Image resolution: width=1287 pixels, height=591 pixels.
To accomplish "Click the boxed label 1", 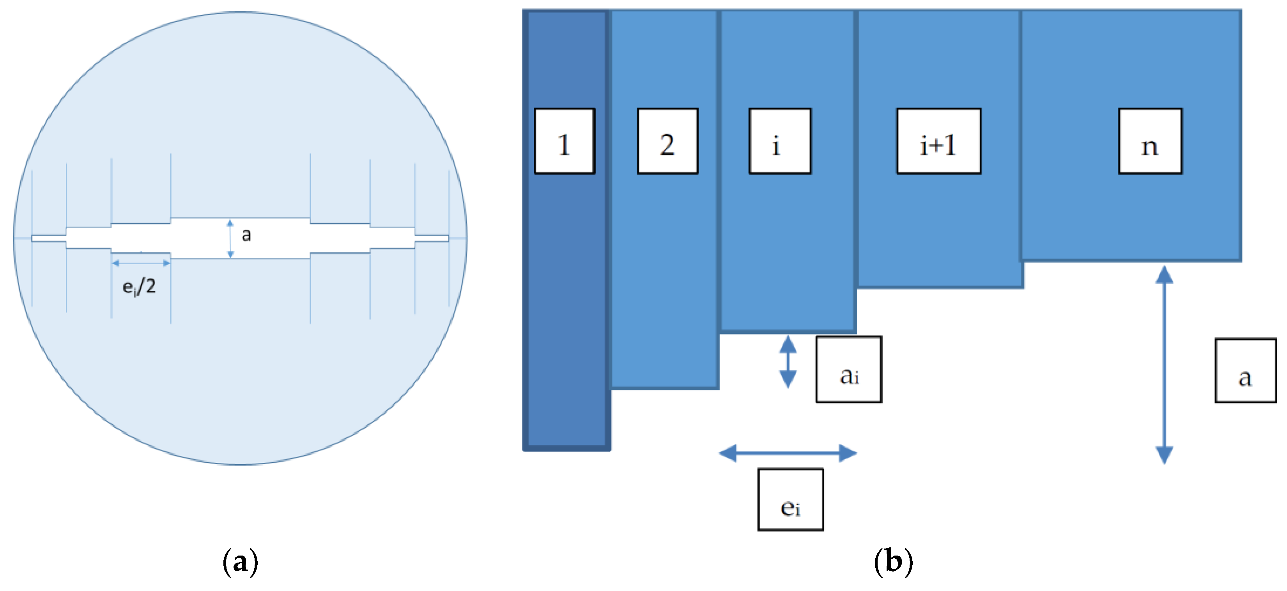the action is [x=565, y=141].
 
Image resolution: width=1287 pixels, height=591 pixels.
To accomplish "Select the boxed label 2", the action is [x=667, y=141].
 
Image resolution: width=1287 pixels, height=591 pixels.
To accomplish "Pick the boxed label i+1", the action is [x=939, y=141].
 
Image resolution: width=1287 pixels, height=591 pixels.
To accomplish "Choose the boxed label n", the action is [x=1150, y=141].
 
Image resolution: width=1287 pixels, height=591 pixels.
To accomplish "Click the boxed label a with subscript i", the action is [x=849, y=369].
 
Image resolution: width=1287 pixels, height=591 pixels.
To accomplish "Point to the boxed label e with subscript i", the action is [x=790, y=499].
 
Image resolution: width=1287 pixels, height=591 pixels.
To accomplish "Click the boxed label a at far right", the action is [x=1246, y=370].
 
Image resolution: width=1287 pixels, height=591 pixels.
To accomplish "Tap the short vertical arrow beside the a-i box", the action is [x=788, y=362].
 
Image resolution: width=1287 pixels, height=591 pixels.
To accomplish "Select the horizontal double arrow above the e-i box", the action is [x=788, y=453].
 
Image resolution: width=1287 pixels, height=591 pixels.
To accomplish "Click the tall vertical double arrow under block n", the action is [x=1164, y=365].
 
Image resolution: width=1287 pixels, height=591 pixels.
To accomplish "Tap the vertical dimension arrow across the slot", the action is [x=230, y=238].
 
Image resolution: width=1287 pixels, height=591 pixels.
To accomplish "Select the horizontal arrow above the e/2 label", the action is [x=141, y=263].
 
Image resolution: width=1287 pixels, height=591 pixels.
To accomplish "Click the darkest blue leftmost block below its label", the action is [x=567, y=309].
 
